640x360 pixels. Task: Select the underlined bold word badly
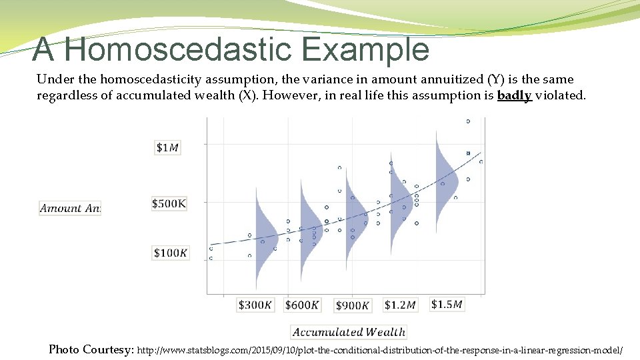coord(514,95)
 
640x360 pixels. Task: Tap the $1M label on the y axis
coord(167,147)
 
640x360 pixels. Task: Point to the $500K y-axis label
coord(169,203)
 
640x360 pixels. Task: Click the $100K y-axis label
coord(171,253)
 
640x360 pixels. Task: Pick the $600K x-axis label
coord(302,305)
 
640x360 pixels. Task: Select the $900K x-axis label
coord(353,305)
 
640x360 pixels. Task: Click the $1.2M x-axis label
coord(400,305)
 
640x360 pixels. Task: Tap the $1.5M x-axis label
coord(447,304)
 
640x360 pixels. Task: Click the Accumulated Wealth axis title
coord(349,332)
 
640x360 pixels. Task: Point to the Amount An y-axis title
coord(70,208)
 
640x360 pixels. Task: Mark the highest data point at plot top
coord(468,121)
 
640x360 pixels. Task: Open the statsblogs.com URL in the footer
coord(380,350)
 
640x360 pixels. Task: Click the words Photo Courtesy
coord(91,349)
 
